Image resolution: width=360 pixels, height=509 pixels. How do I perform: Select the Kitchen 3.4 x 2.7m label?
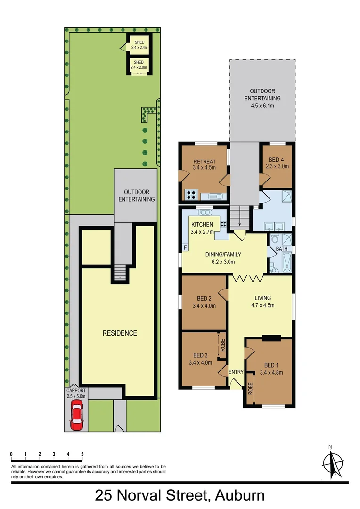pyautogui.click(x=202, y=228)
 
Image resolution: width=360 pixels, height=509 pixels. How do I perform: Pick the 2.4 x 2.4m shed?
pyautogui.click(x=139, y=45)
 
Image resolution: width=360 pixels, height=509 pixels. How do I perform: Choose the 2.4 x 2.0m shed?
pyautogui.click(x=139, y=65)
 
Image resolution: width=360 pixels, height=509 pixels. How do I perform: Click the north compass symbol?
pyautogui.click(x=335, y=464)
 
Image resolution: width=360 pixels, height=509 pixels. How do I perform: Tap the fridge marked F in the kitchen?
pyautogui.click(x=185, y=246)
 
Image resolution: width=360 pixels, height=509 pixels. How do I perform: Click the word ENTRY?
pyautogui.click(x=236, y=372)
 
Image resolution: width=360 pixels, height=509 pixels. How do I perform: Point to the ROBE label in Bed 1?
pyautogui.click(x=251, y=389)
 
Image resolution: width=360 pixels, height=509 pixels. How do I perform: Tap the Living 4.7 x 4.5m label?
pyautogui.click(x=262, y=302)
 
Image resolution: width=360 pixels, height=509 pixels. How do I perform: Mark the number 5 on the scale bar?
pyautogui.click(x=82, y=454)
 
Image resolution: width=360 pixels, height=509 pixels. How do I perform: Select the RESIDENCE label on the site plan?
pyautogui.click(x=120, y=333)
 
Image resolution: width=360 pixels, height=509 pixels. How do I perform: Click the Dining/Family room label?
pyautogui.click(x=220, y=258)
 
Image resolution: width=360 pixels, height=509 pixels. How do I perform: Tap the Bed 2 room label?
pyautogui.click(x=204, y=302)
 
